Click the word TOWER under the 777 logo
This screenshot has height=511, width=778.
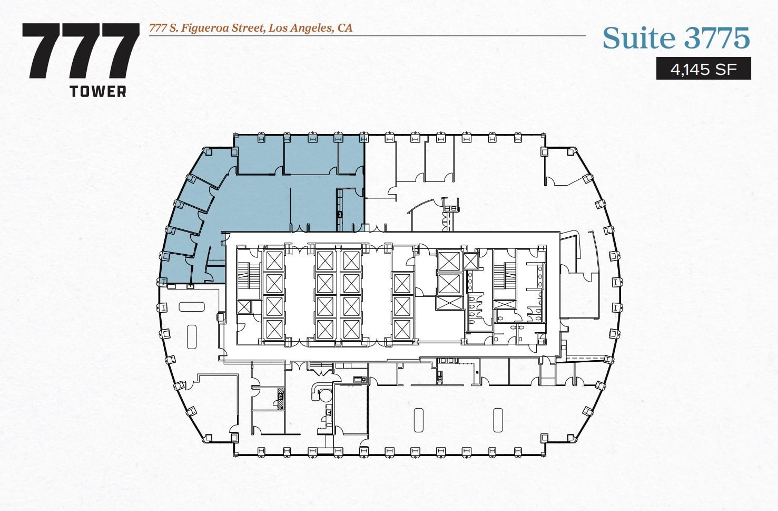tap(98, 91)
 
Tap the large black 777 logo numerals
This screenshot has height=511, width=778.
tap(80, 52)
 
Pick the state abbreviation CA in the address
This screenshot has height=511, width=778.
tap(345, 28)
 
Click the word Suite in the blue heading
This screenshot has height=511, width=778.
tap(638, 38)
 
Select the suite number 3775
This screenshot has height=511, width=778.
tap(717, 38)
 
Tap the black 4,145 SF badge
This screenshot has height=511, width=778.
tap(703, 69)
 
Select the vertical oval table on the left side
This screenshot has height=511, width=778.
tap(192, 336)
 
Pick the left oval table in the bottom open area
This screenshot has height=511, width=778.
tap(419, 420)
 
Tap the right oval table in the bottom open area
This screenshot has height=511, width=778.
tap(498, 420)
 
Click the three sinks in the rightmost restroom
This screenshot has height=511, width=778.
tap(539, 276)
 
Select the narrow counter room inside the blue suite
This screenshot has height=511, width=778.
tap(340, 210)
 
